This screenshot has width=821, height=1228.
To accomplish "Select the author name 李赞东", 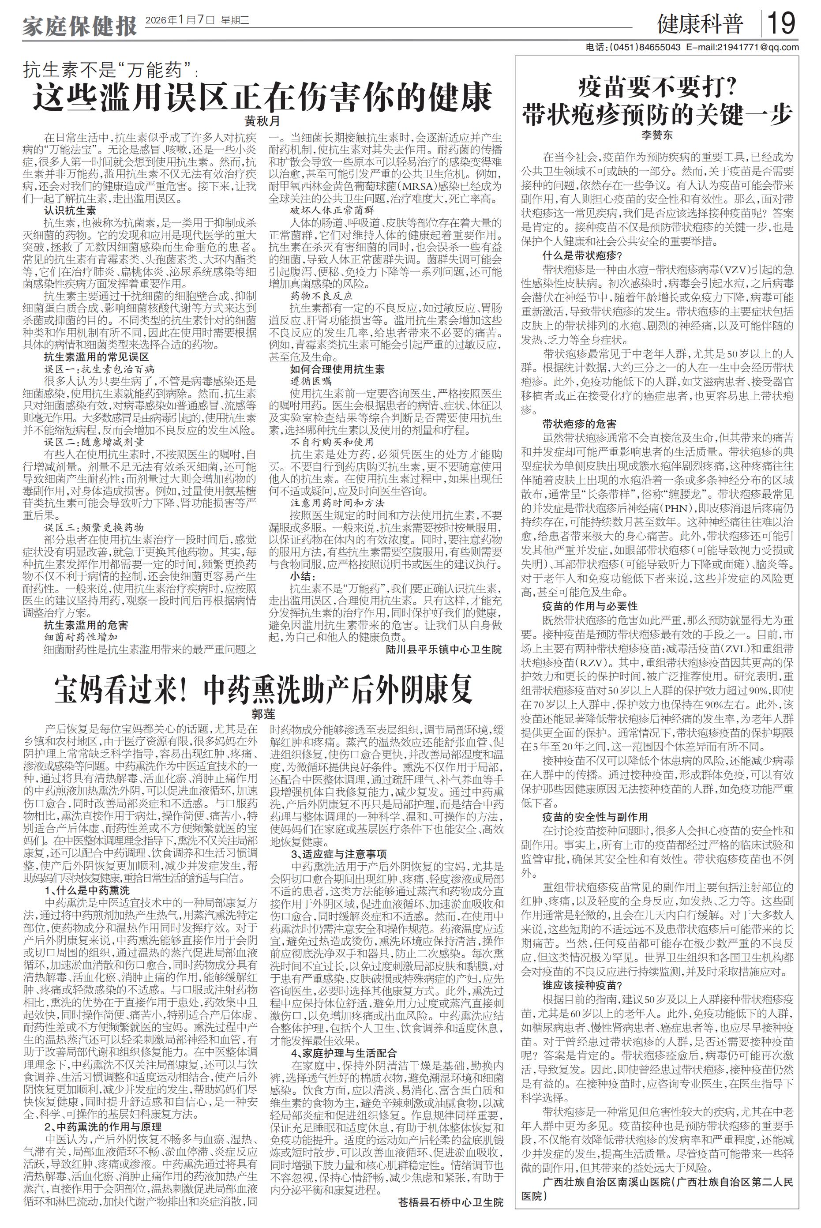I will pyautogui.click(x=657, y=135).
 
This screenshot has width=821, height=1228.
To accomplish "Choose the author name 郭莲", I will pyautogui.click(x=263, y=714).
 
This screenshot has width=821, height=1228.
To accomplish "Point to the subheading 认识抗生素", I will pyautogui.click(x=70, y=210).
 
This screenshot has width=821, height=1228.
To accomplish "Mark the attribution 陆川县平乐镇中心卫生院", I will pyautogui.click(x=443, y=650).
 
